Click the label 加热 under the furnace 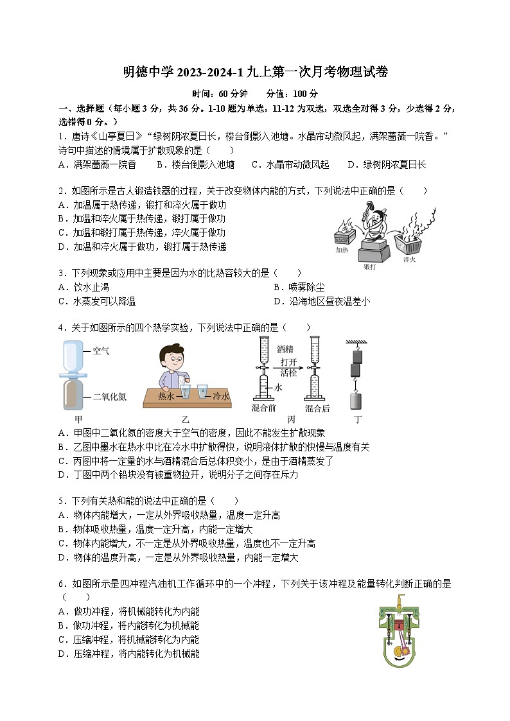tap(342, 250)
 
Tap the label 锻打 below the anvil tap(370, 266)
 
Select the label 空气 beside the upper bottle tap(101, 351)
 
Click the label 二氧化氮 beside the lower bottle tap(109, 397)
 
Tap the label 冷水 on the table tap(221, 395)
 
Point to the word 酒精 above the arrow tap(285, 349)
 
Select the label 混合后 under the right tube tap(317, 408)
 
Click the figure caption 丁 tap(358, 420)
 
